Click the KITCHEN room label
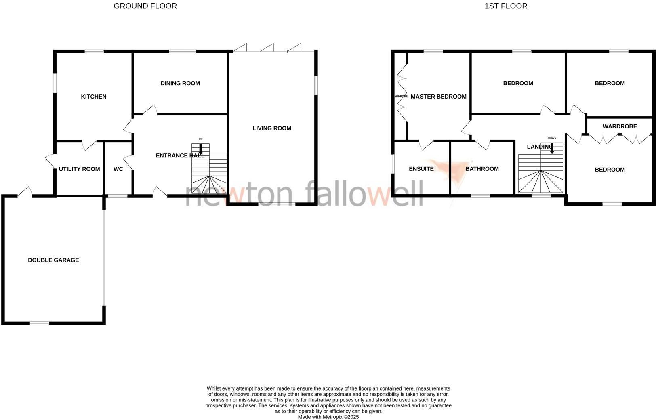(x=94, y=97)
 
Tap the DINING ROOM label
(x=180, y=83)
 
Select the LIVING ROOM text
(x=272, y=128)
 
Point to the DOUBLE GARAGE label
(x=53, y=260)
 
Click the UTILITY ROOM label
(x=79, y=169)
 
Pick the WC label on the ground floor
(x=118, y=169)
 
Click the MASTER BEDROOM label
(x=438, y=97)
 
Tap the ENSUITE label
(x=421, y=169)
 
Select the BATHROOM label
(x=482, y=169)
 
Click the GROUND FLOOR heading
(x=145, y=6)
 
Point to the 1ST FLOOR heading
(x=506, y=6)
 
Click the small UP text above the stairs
(x=200, y=139)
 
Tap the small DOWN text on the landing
(x=552, y=138)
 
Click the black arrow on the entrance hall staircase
(x=201, y=149)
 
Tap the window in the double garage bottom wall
(x=39, y=323)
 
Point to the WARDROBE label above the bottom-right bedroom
(x=620, y=126)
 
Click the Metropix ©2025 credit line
(x=328, y=417)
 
